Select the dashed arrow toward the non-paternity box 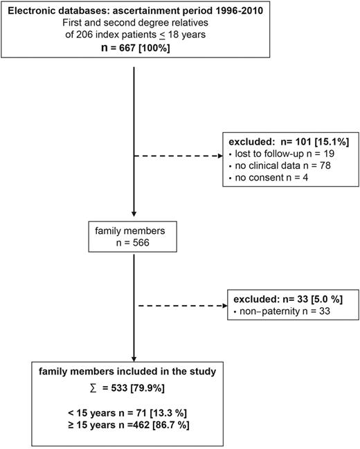pos(181,305)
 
